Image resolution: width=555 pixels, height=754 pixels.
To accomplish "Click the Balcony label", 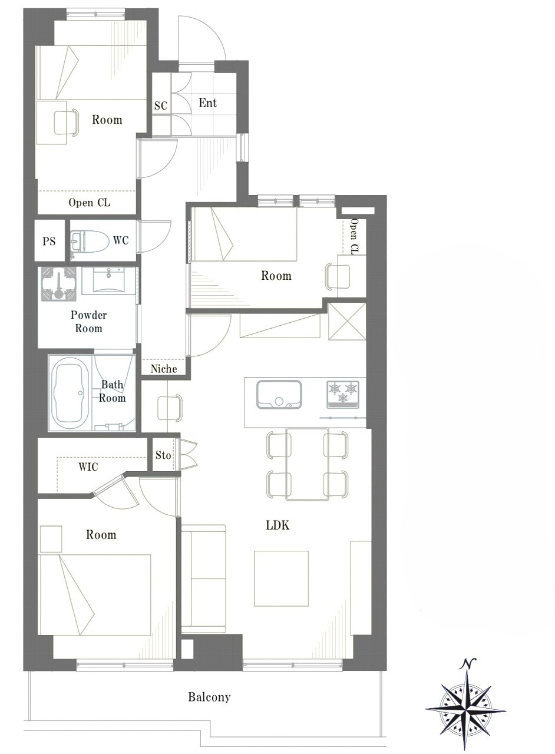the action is point(209,697).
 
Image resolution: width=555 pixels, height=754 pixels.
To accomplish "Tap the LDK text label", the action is point(277,525).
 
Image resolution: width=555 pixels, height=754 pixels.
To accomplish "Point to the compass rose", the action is point(465,710).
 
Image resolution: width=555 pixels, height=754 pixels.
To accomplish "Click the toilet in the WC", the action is point(90,241).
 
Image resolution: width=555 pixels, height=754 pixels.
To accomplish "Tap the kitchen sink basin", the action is point(279,395).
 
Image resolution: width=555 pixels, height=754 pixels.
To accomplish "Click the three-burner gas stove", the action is point(343,394).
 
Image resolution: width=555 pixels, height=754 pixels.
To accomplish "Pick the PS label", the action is point(49,242).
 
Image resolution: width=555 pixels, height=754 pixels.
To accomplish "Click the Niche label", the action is point(164,369).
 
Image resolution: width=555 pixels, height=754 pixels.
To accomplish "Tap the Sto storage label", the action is point(163,455).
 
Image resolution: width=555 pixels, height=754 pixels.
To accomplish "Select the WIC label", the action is point(88,467).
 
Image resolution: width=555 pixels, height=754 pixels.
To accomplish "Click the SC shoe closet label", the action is point(161,105).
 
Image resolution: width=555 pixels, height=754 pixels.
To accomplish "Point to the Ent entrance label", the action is point(207,102).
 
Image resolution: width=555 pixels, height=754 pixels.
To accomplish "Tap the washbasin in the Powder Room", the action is point(109,281).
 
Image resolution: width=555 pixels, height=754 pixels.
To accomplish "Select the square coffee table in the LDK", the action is point(281,578).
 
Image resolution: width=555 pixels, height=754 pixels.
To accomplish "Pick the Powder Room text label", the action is point(88,322).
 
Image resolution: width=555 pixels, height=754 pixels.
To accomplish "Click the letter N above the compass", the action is point(467,663).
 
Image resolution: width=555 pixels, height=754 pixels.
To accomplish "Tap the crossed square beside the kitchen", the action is point(347,322).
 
